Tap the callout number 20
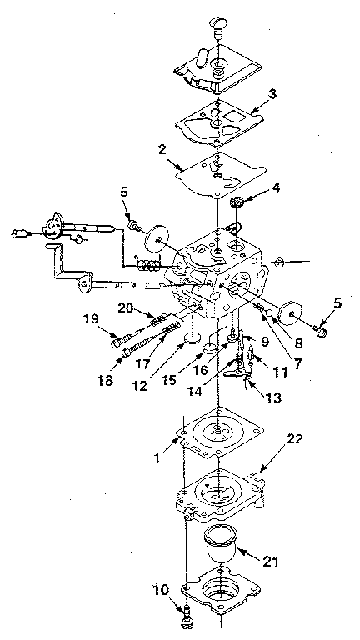(149, 306)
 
